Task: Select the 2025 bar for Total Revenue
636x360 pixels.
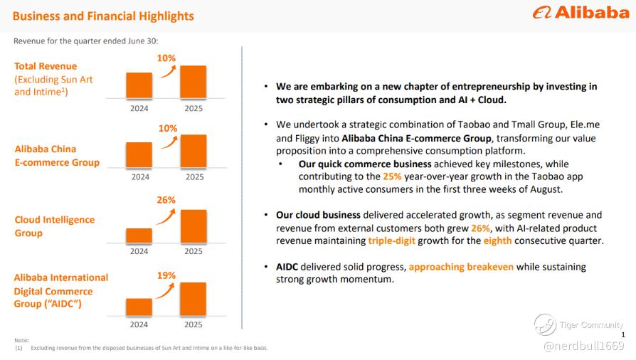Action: pyautogui.click(x=193, y=82)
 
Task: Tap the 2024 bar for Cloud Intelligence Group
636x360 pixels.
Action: pyautogui.click(x=139, y=235)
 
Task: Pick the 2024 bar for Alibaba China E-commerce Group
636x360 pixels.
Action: pyautogui.click(x=139, y=156)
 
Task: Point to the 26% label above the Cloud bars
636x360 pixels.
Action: pyautogui.click(x=166, y=200)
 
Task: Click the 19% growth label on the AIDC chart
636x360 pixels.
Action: pyautogui.click(x=166, y=275)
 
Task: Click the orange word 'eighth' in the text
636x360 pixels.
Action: pyautogui.click(x=497, y=240)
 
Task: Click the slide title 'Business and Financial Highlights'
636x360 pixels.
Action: pyautogui.click(x=104, y=16)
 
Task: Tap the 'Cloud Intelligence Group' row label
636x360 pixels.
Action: pyautogui.click(x=54, y=226)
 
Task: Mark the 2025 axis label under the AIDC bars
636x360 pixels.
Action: pyautogui.click(x=194, y=324)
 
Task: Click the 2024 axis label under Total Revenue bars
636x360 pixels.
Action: pyautogui.click(x=139, y=108)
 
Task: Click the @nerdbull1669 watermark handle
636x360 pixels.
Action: pyautogui.click(x=583, y=346)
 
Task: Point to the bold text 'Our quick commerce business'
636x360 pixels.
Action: pyautogui.click(x=365, y=164)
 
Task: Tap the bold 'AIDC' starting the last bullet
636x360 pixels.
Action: pyautogui.click(x=288, y=267)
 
